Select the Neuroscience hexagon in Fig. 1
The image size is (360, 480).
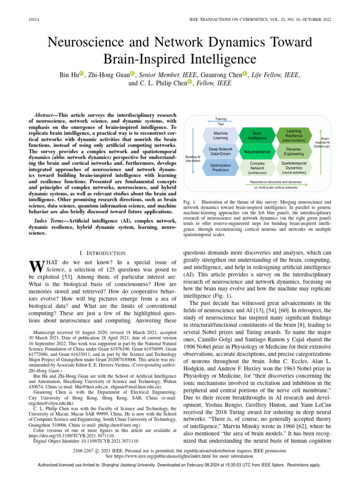(257, 152)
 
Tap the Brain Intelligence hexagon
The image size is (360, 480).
(257, 135)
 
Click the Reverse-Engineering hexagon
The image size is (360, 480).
(294, 151)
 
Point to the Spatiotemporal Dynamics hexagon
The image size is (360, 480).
(294, 168)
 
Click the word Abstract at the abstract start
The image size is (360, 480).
(46, 115)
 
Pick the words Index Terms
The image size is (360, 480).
(50, 220)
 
